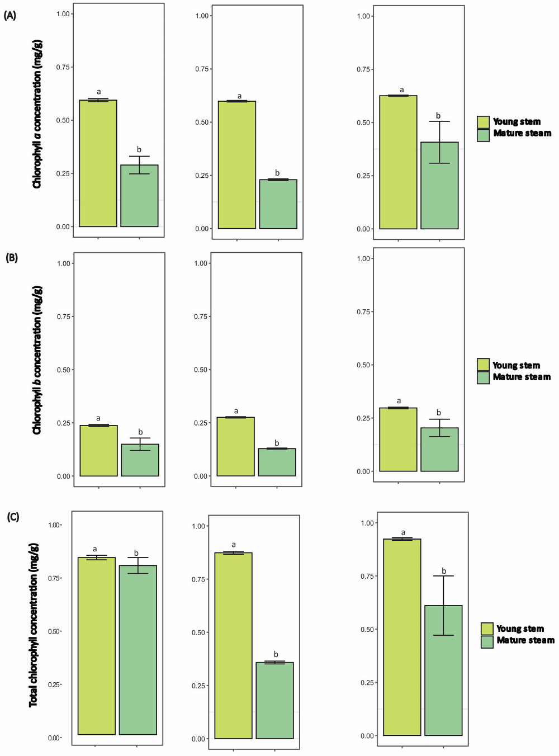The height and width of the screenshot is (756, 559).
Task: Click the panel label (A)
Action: pos(10,16)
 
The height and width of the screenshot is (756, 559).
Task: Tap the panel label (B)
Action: pos(12,258)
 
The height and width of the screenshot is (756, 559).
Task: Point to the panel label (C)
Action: pos(13,517)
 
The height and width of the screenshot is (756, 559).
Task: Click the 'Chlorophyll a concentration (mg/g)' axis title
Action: pos(37,114)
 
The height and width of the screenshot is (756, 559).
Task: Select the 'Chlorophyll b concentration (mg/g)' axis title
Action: pos(37,360)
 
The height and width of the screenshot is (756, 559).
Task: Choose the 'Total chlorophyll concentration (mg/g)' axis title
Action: pos(34,625)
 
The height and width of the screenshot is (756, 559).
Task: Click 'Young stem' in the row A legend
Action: pos(517,122)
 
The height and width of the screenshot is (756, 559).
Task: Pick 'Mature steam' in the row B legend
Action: pos(522,377)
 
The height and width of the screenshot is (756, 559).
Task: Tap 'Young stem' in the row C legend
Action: pos(520,629)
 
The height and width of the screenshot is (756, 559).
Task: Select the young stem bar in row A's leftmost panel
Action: pos(98,163)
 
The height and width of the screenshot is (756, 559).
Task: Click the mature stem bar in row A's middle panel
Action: pos(278,204)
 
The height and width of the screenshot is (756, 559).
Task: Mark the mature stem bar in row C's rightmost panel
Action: pos(443,670)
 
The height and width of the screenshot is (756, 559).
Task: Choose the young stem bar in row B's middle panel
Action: pos(236,447)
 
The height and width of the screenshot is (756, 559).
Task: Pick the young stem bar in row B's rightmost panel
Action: pos(398,440)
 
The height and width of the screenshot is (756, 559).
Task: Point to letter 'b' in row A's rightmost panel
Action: pos(438,116)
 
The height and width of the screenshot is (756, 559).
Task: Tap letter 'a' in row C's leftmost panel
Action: pos(95,549)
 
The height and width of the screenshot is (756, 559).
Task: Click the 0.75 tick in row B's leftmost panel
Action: pos(64,316)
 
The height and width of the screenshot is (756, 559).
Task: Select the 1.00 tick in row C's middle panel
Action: pos(198,526)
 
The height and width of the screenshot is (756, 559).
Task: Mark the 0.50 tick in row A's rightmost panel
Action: pos(363,122)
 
